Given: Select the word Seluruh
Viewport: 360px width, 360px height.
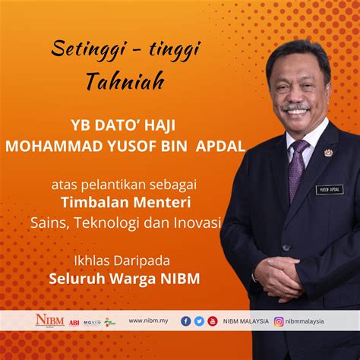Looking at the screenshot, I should click(x=77, y=278).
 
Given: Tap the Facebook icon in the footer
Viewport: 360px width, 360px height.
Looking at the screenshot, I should click(x=186, y=321).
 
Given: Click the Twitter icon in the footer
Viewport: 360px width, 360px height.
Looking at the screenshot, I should click(x=199, y=321).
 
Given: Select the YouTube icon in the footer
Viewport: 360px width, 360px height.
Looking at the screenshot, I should click(x=213, y=321).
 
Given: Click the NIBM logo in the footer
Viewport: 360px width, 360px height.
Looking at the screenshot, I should click(x=50, y=321).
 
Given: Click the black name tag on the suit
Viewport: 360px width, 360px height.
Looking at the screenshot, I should click(x=329, y=189).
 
